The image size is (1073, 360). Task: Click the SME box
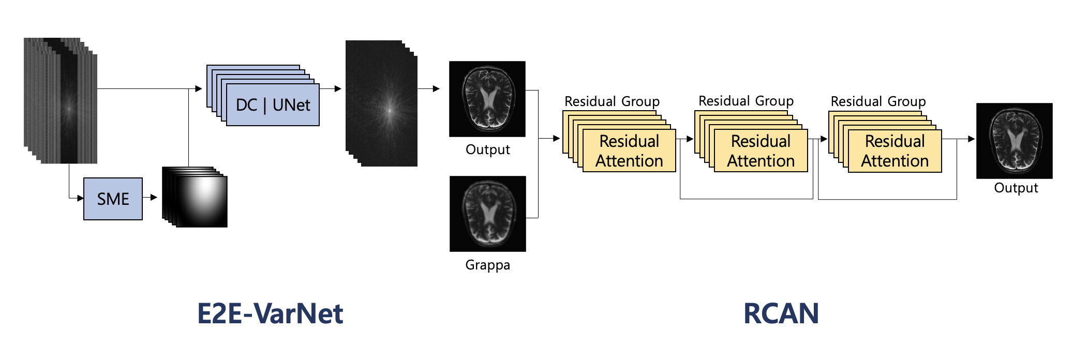[x=113, y=199]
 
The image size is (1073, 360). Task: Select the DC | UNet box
[x=273, y=105]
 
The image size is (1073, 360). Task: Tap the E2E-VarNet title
[x=270, y=313]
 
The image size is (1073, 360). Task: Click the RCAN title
[x=781, y=313]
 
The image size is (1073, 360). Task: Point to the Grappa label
[x=487, y=265]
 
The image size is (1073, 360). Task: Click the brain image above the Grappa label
[x=487, y=214]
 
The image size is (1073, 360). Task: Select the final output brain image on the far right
[x=1014, y=141]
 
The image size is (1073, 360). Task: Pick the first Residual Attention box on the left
[x=629, y=151]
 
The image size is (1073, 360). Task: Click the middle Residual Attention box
[x=761, y=151]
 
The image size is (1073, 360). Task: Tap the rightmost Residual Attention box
[x=895, y=151]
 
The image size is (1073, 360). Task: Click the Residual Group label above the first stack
[x=612, y=101]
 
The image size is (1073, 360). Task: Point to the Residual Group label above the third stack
[x=878, y=101]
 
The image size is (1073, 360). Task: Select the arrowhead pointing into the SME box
[x=80, y=198]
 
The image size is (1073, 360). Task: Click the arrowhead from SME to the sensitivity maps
[x=154, y=197]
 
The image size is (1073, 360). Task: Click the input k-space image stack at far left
[x=61, y=101]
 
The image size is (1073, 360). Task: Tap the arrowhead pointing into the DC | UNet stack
[x=199, y=89]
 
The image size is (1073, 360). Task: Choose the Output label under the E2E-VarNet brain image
[x=487, y=150]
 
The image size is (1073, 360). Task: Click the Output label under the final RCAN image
[x=1016, y=188]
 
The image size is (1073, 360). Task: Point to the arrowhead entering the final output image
[x=971, y=139]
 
